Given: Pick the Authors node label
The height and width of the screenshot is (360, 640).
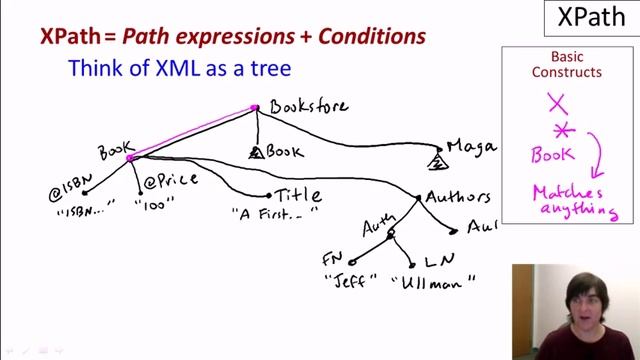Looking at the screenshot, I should coord(458,198).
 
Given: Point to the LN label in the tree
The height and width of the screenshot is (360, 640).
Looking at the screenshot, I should coord(439,261).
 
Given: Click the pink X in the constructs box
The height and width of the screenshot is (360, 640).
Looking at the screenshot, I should coord(558,102).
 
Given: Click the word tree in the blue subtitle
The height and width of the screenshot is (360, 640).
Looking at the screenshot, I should coord(270,69).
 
